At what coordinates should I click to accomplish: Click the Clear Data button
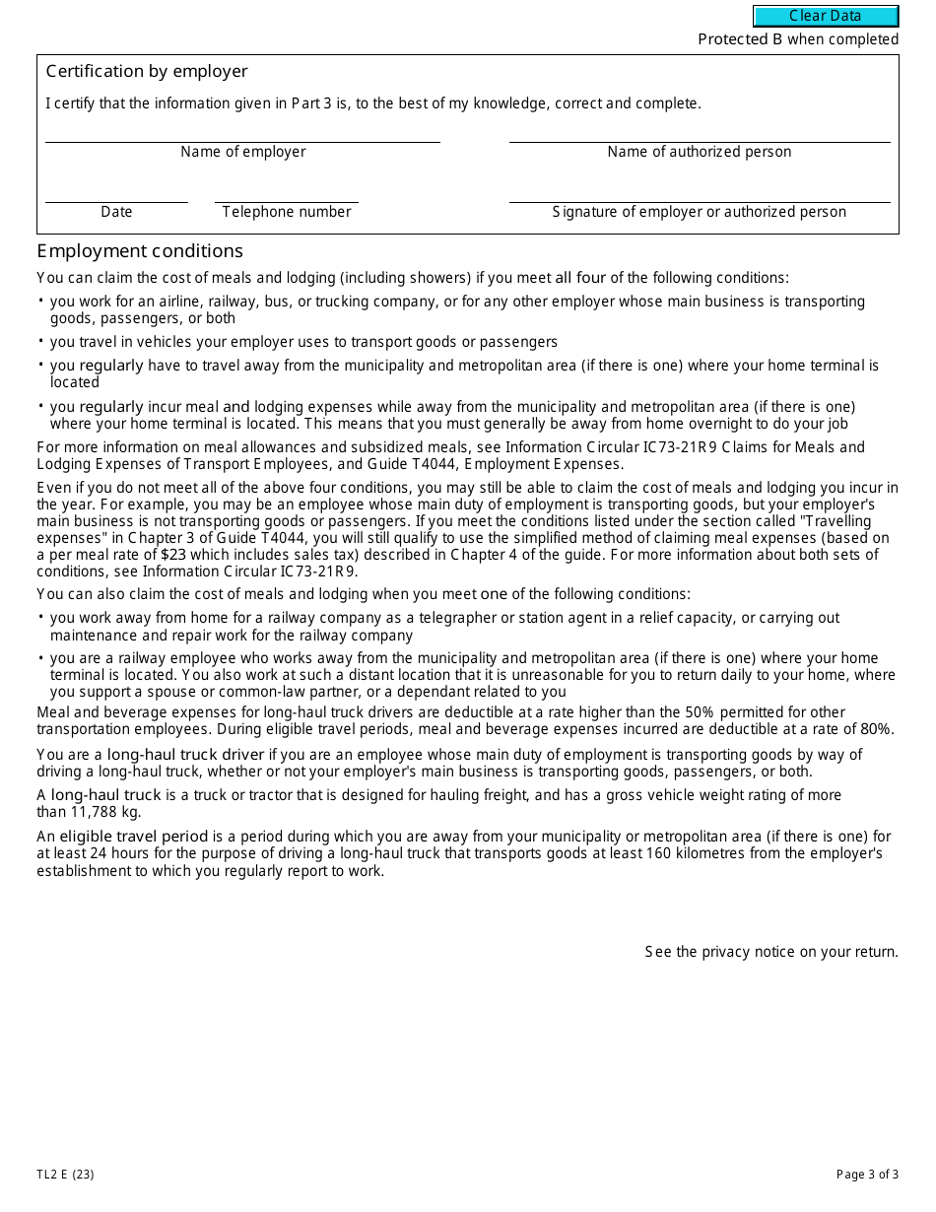click(x=826, y=16)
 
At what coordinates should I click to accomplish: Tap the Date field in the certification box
click(x=116, y=193)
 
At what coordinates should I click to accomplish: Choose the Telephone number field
click(x=286, y=193)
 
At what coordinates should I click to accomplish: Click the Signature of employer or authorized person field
click(x=699, y=193)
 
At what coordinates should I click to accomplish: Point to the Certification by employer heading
click(x=147, y=72)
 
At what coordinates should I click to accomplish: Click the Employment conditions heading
click(x=140, y=251)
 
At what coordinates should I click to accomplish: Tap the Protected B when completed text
click(x=798, y=39)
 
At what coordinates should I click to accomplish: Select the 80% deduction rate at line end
click(x=876, y=729)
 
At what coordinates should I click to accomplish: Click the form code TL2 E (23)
click(x=66, y=1174)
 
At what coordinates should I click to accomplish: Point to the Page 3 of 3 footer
click(x=867, y=1174)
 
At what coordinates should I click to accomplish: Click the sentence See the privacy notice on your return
click(x=771, y=952)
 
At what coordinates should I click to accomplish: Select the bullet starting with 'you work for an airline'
click(x=457, y=309)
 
